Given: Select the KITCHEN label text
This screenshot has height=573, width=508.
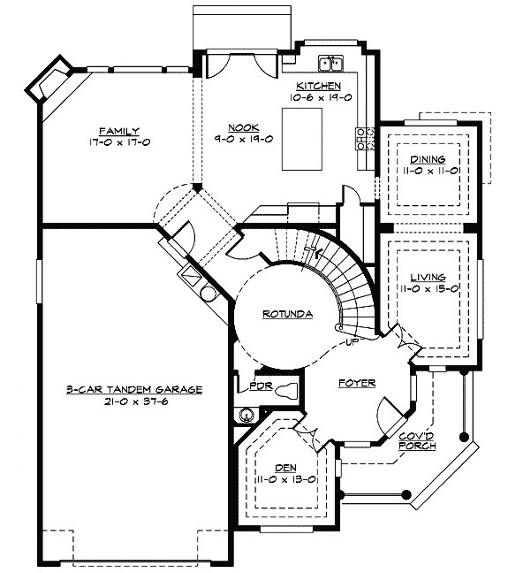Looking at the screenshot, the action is click(318, 86).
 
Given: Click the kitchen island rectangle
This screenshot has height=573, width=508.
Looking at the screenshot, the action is click(301, 139).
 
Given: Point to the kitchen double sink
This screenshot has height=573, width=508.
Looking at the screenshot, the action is click(331, 63).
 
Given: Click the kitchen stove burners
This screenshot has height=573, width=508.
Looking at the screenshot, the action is click(366, 139).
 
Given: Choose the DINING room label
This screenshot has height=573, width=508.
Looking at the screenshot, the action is click(428, 159).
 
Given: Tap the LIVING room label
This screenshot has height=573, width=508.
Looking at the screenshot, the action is click(428, 278).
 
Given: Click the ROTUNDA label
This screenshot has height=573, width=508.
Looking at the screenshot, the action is click(287, 314).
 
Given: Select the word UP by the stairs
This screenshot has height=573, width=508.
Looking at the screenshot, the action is click(352, 342).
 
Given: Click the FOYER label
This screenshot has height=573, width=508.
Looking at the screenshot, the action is click(357, 383).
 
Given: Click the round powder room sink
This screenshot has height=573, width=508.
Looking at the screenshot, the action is click(246, 415).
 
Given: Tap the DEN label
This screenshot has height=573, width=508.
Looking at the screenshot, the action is click(285, 468).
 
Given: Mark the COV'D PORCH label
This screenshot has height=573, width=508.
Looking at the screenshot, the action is click(417, 441).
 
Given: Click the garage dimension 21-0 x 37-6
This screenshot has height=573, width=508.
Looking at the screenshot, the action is click(136, 401).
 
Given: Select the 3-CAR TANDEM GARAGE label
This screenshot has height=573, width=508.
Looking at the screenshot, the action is click(134, 390).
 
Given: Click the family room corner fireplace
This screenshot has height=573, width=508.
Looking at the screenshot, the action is click(49, 78).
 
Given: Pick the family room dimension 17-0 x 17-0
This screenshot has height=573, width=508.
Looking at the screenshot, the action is click(119, 142).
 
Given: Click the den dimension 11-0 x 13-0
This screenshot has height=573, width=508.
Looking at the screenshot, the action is click(285, 479).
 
